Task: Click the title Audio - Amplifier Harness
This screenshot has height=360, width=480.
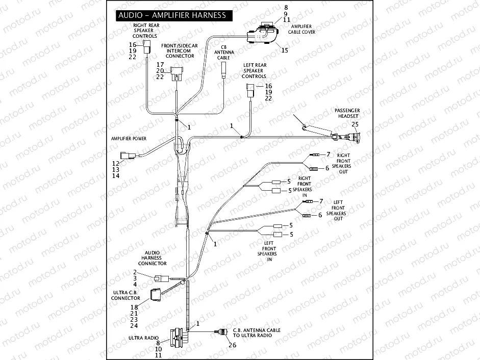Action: [x=172, y=15]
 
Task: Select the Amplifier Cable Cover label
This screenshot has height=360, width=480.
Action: [x=303, y=29]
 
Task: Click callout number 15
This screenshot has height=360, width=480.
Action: [x=285, y=50]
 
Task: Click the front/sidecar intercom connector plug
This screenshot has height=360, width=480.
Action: [x=176, y=73]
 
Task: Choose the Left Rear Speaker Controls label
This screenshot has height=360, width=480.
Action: [x=254, y=70]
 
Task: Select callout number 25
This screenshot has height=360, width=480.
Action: [x=355, y=124]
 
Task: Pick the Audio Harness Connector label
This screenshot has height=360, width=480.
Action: [x=153, y=258]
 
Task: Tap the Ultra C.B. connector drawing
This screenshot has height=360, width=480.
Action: [x=155, y=295]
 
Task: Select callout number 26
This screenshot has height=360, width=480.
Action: [x=233, y=345]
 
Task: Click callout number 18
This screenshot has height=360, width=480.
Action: [x=134, y=307]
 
